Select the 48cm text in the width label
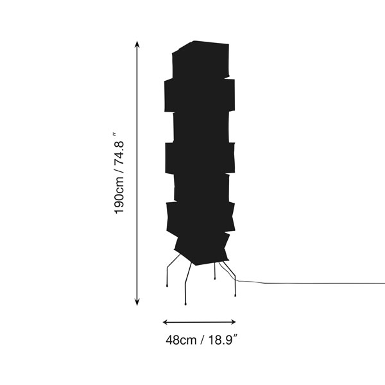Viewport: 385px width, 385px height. [181, 340]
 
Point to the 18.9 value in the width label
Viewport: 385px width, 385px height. [221, 340]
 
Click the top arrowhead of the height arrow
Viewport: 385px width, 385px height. [137, 45]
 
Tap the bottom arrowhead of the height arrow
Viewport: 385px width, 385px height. [137, 302]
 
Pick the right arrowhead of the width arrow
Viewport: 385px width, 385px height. [232, 322]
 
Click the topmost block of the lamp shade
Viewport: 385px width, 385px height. [201, 60]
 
